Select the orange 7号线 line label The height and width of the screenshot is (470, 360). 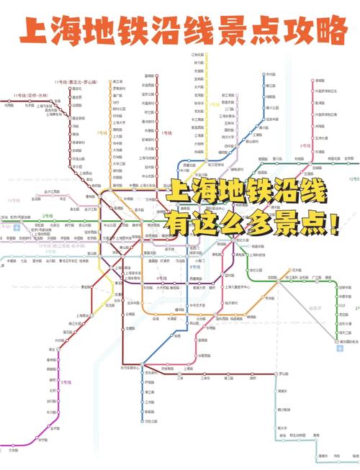(x=102, y=133)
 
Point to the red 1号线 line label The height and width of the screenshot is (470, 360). (x=168, y=133)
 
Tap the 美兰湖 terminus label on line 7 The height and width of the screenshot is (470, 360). (x=118, y=82)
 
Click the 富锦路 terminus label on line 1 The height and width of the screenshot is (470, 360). (x=149, y=75)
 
